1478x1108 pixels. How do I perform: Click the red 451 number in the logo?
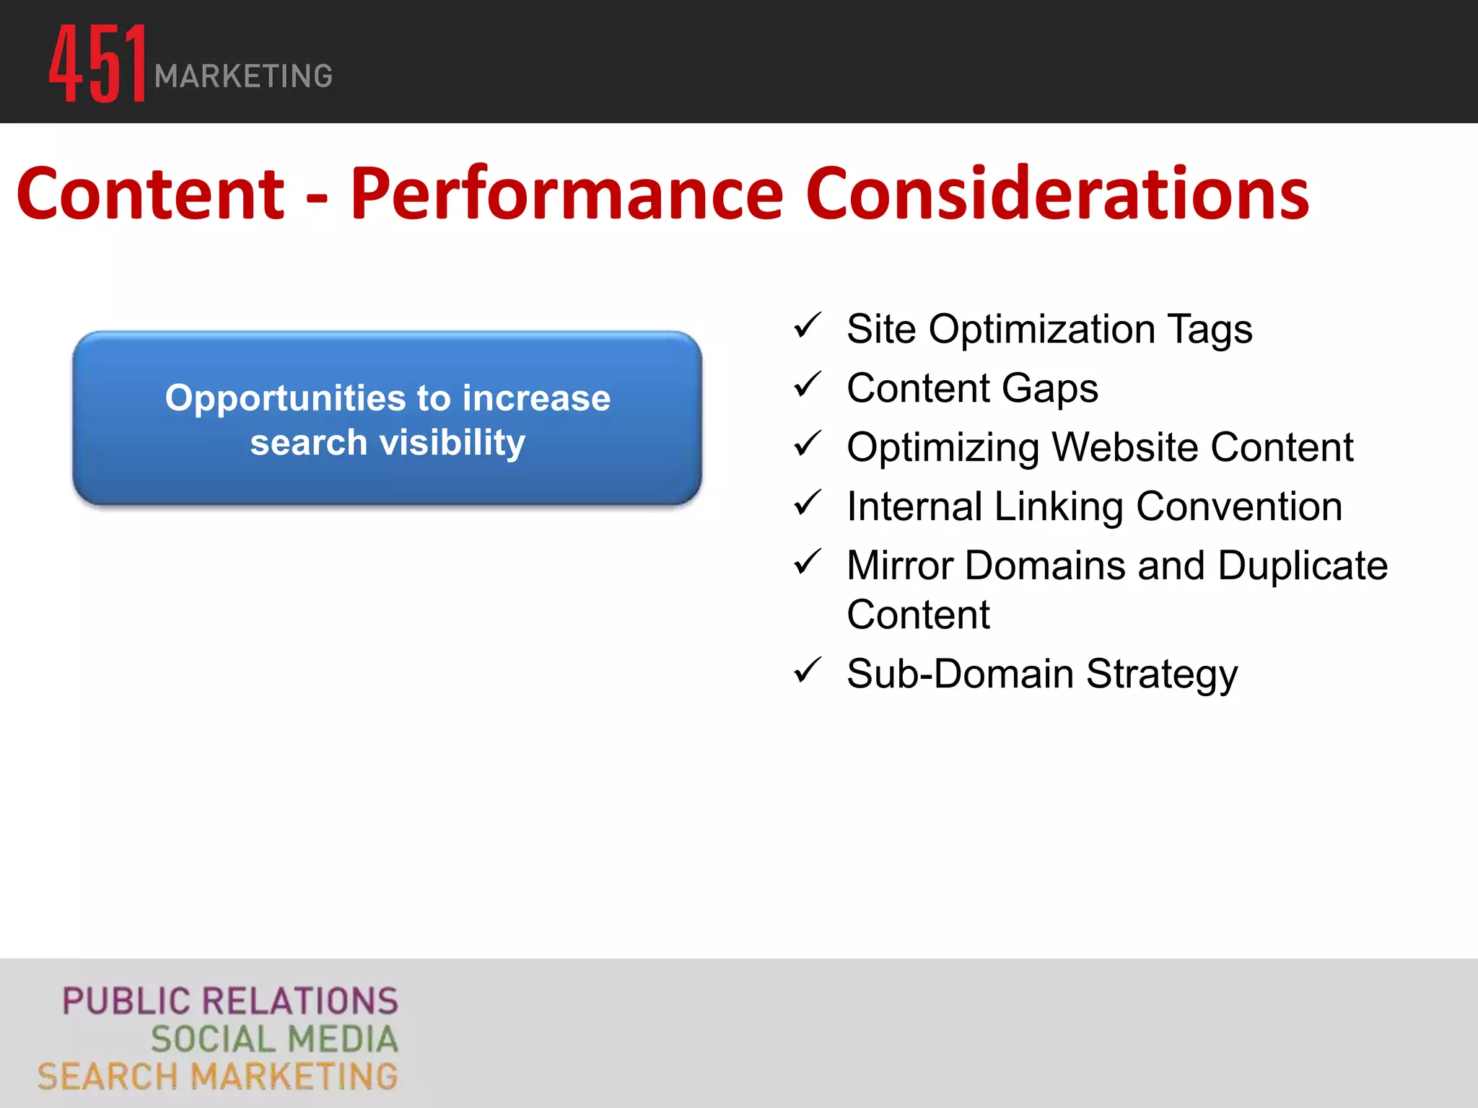[x=98, y=63]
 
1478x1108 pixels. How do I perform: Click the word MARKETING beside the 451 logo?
[x=243, y=76]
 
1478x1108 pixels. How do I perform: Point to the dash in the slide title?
[x=317, y=196]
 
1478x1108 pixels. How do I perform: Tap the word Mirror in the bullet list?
[x=899, y=566]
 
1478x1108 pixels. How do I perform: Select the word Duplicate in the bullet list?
[x=1303, y=566]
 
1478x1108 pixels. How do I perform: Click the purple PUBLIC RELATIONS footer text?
[x=230, y=1001]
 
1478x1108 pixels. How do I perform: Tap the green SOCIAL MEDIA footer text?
[x=274, y=1039]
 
